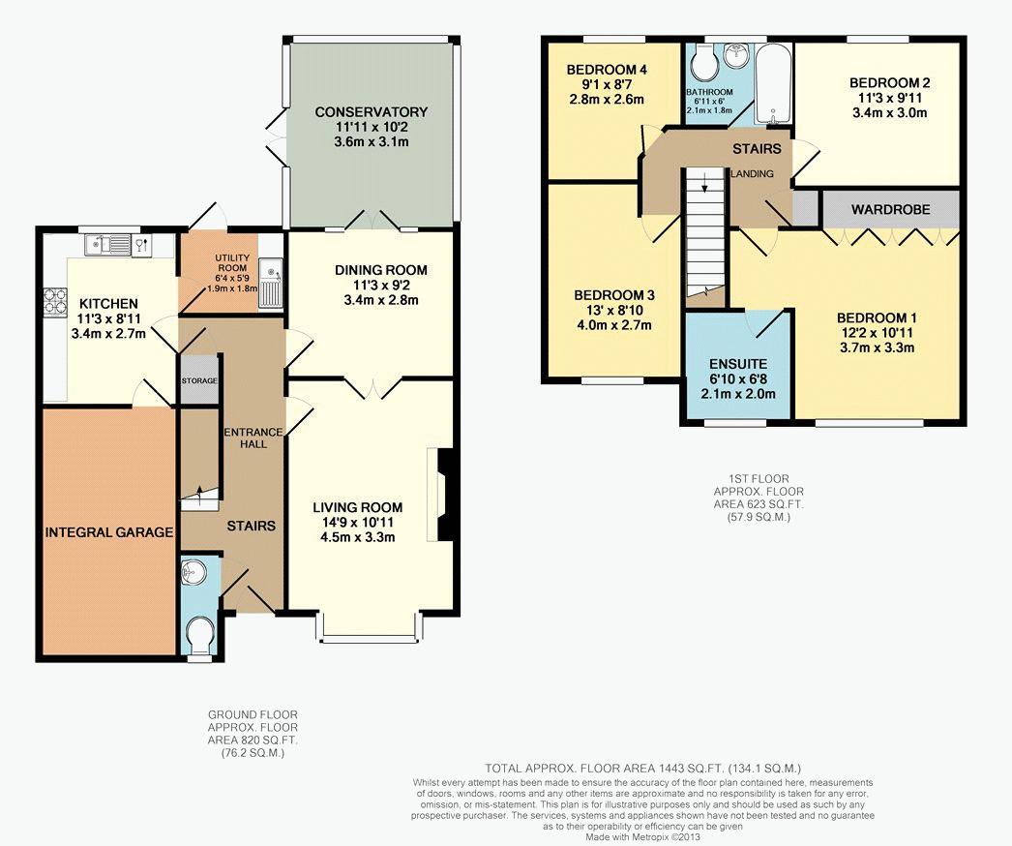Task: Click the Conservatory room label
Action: [372, 111]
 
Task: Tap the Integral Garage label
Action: [109, 532]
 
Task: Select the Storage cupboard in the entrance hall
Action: [199, 380]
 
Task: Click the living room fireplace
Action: [445, 495]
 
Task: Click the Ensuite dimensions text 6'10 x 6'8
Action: [737, 379]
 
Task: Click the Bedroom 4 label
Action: [607, 70]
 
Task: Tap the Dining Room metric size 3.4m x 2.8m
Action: [381, 300]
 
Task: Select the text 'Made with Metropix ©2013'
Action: [642, 836]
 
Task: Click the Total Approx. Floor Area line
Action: [642, 769]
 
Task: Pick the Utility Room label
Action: [231, 263]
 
